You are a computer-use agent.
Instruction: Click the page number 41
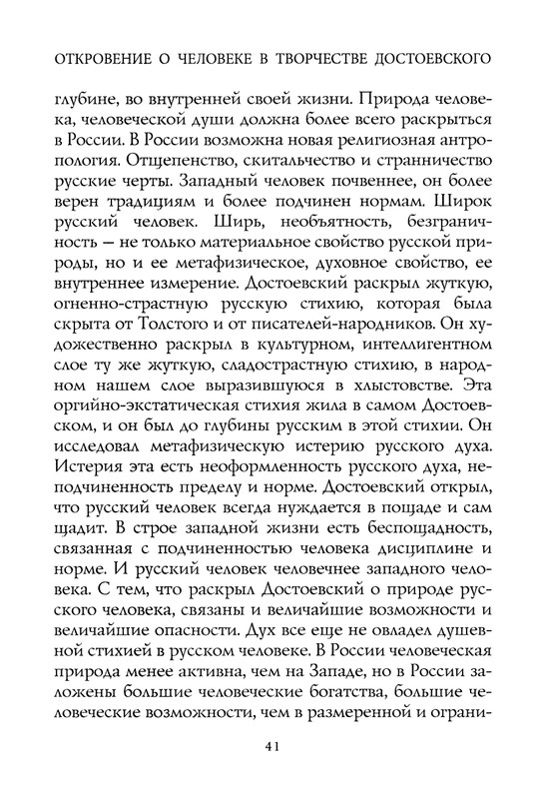coord(272,744)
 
